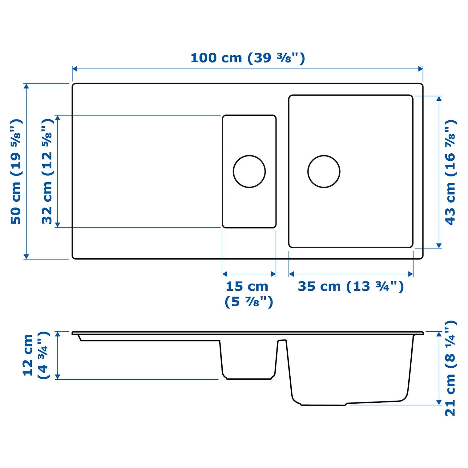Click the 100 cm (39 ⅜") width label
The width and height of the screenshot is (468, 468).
[x=248, y=58]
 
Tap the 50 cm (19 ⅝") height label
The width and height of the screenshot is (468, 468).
[x=16, y=171]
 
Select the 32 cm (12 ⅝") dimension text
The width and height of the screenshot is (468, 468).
[x=47, y=171]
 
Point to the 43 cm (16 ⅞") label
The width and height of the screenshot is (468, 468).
[x=450, y=172]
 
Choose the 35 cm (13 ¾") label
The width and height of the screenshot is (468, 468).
[x=351, y=286]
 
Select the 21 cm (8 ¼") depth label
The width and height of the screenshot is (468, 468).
[x=450, y=368]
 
